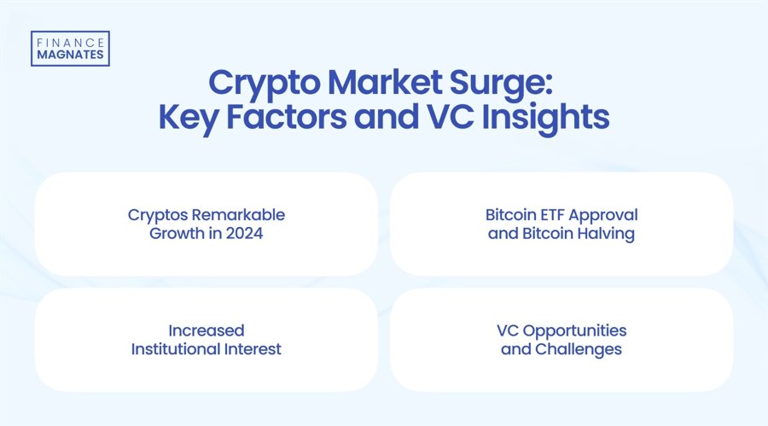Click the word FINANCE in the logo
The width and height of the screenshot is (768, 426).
(69, 41)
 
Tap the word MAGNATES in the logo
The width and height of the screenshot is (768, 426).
(69, 55)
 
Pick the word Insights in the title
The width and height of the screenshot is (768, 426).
(540, 119)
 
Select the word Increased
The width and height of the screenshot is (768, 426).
(206, 330)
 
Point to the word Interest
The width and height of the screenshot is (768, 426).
(253, 349)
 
